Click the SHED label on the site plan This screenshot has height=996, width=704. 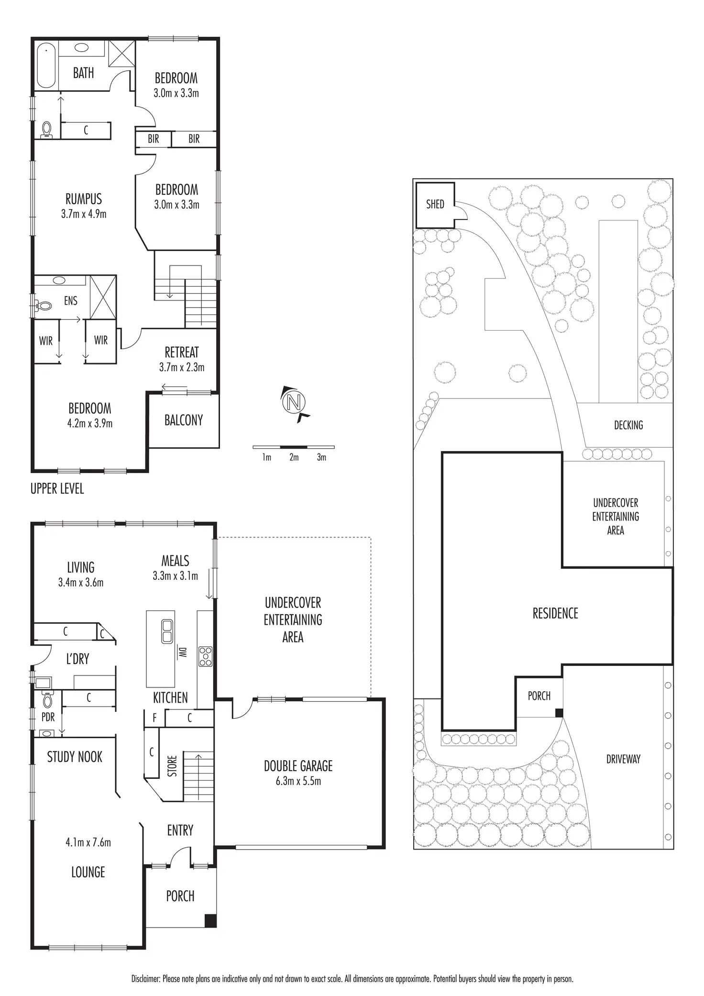(435, 204)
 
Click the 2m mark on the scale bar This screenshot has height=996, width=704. (294, 457)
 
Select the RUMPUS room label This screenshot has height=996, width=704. (84, 199)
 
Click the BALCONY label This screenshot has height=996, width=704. (184, 421)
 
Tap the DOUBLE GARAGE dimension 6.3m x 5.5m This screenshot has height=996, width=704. (298, 781)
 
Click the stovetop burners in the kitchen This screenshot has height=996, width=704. (206, 656)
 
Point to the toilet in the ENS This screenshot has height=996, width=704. (44, 305)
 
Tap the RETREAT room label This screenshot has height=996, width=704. (182, 353)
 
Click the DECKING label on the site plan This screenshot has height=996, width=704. (628, 425)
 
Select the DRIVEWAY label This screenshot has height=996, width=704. (623, 759)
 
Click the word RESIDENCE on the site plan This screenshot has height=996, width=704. (555, 613)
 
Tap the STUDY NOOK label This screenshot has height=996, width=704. (75, 757)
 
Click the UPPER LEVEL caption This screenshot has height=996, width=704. (57, 489)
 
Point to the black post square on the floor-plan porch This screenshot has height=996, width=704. (210, 921)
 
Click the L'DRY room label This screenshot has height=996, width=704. (77, 659)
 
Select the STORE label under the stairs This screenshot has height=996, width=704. (173, 766)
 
